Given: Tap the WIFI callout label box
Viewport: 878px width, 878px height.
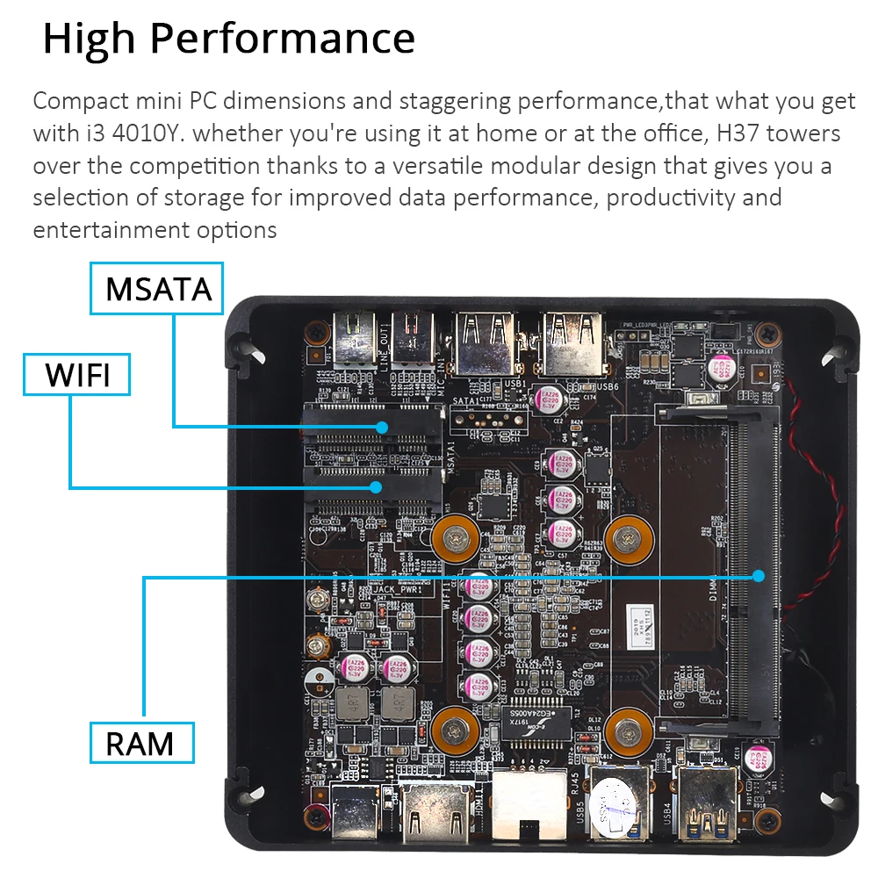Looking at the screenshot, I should click(77, 375).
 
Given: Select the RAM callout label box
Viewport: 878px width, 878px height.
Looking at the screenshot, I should click(140, 743).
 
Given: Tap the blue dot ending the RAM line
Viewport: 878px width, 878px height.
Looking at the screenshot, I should click(759, 576).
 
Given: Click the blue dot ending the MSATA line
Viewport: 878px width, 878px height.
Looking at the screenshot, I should click(382, 427).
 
